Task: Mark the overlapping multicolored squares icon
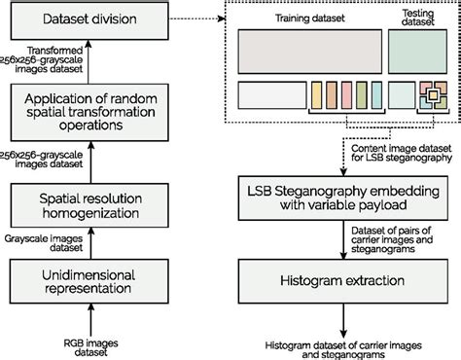428,96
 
